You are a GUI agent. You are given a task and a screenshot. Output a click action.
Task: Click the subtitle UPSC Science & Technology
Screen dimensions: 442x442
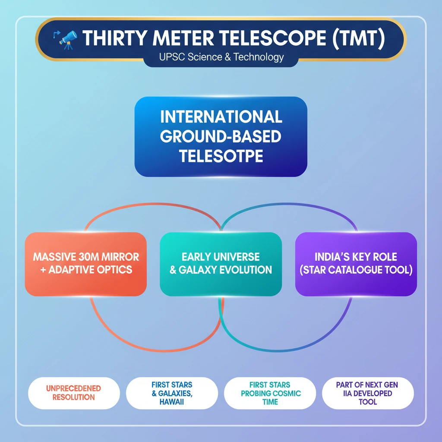tap(221, 57)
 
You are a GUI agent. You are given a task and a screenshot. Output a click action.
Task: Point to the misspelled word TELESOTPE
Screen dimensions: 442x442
tap(221, 156)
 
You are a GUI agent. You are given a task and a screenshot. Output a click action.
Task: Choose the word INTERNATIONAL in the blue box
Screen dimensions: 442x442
tap(221, 117)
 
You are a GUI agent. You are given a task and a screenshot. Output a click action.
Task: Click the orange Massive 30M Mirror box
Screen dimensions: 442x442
tap(86, 264)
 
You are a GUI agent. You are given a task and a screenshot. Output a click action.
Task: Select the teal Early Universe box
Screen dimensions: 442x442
tap(221, 264)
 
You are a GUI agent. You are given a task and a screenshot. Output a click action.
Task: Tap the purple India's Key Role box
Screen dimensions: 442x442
tap(356, 264)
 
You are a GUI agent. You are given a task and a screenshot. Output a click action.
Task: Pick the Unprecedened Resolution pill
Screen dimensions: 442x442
tap(73, 393)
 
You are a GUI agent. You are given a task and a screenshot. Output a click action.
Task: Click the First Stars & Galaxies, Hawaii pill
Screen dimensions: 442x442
tap(172, 393)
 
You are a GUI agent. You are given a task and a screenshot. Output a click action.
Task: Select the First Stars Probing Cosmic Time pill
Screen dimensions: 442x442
tap(270, 393)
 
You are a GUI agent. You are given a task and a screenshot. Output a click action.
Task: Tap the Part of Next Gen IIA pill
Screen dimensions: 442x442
tap(367, 393)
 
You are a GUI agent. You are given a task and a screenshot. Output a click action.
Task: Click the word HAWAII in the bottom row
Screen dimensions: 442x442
tap(172, 402)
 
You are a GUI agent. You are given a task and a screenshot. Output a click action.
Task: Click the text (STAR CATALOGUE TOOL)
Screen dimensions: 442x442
tap(356, 271)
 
